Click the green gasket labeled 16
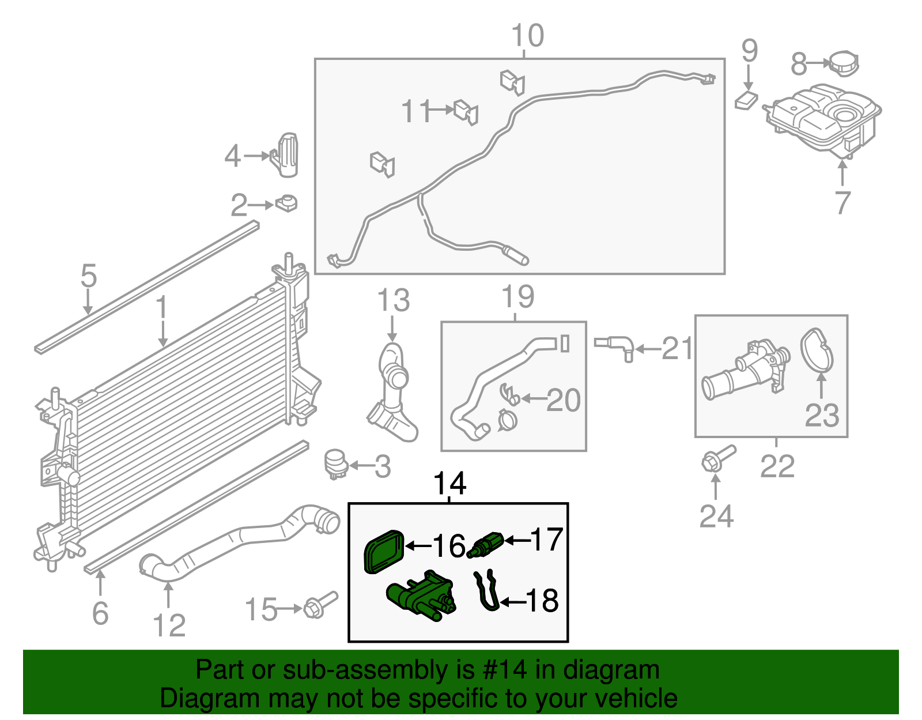click(384, 551)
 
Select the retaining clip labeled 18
click(486, 590)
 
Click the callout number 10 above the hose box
click(527, 36)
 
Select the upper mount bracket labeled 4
click(285, 154)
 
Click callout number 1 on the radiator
click(162, 308)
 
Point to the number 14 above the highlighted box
click(449, 483)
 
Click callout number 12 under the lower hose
click(169, 625)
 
